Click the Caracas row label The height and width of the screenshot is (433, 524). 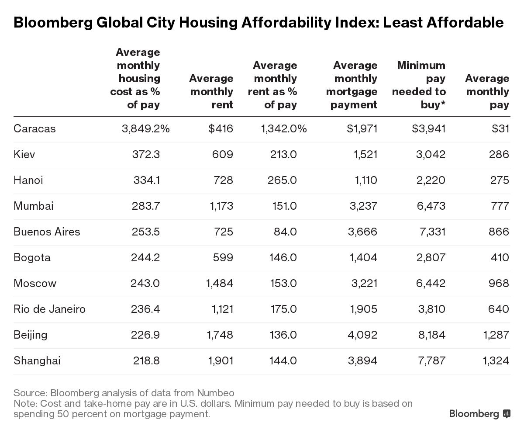[x=34, y=129]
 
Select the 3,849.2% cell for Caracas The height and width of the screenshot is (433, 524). [x=145, y=129]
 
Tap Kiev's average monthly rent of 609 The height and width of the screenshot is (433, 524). [x=223, y=155]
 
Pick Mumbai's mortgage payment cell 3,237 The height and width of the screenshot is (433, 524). [x=362, y=206]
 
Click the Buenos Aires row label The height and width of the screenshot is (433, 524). [x=47, y=232]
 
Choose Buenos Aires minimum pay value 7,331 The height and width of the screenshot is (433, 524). [x=431, y=232]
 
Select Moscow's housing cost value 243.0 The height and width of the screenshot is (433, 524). [x=145, y=284]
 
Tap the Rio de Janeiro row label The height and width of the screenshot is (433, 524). [x=49, y=309]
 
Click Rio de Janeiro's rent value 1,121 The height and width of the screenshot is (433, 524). [x=220, y=309]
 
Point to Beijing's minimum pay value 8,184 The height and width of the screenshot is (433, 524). [x=431, y=335]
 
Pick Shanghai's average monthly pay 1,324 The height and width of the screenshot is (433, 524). [x=496, y=361]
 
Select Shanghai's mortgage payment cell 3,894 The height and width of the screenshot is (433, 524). [x=362, y=361]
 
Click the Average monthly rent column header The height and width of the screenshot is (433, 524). [x=211, y=92]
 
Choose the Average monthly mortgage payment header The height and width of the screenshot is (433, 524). [x=352, y=85]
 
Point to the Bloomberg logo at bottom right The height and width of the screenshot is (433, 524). [x=479, y=414]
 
